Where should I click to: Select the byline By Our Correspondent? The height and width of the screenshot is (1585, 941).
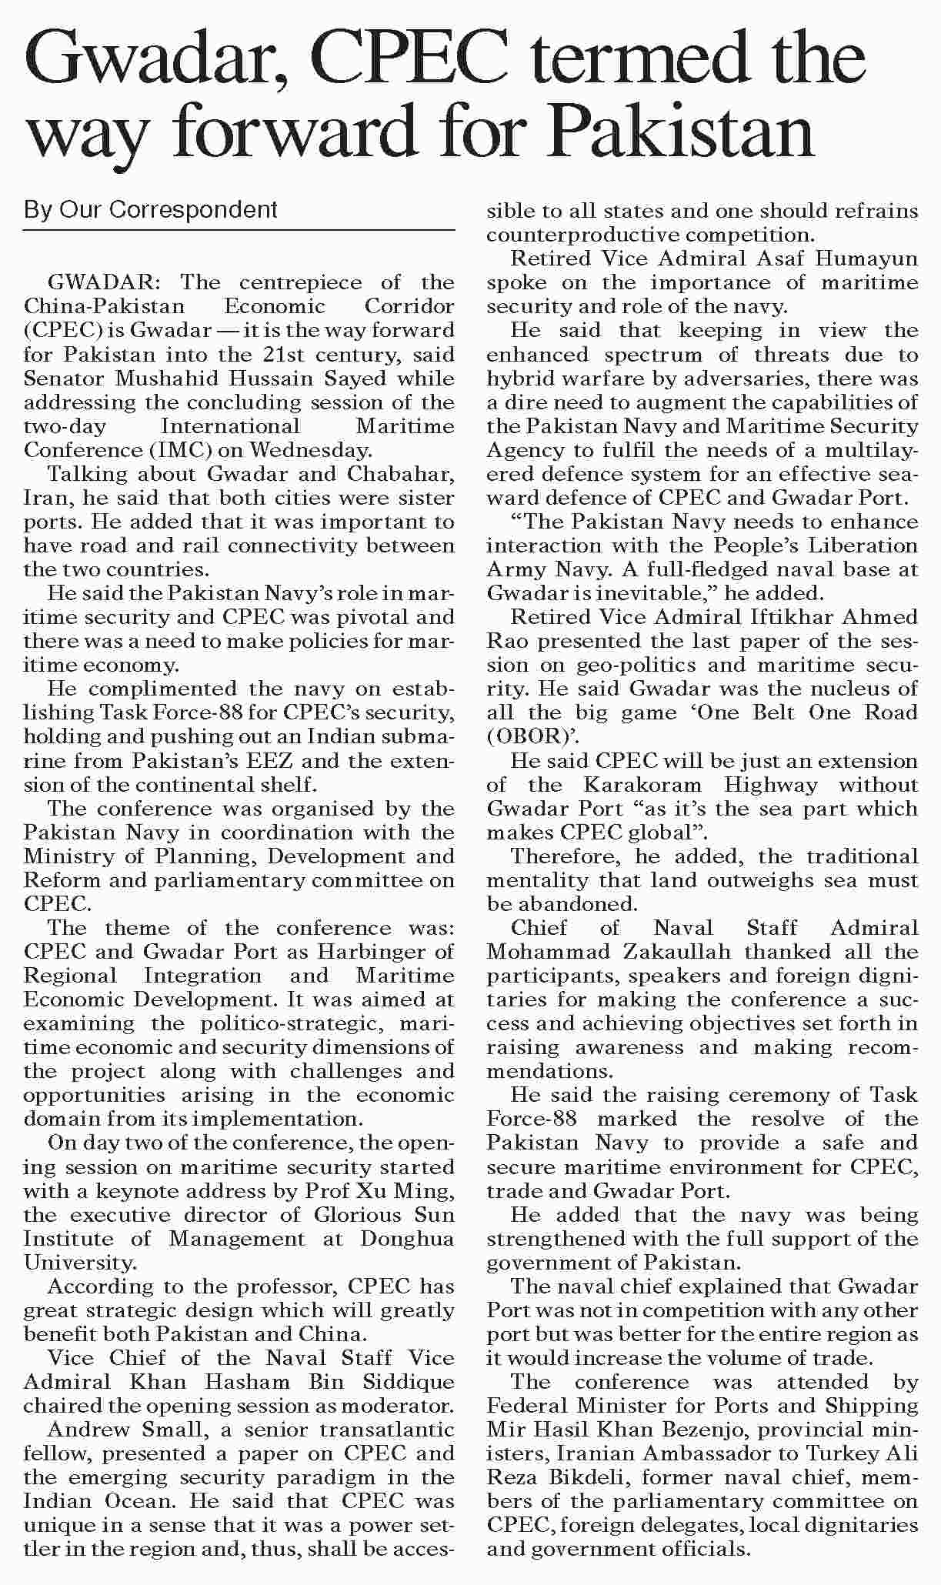[x=150, y=209]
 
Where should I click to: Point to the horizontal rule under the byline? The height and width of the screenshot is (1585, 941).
[x=239, y=230]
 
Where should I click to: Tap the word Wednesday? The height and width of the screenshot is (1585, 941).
[x=311, y=450]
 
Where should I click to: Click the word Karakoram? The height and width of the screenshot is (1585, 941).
[x=642, y=785]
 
